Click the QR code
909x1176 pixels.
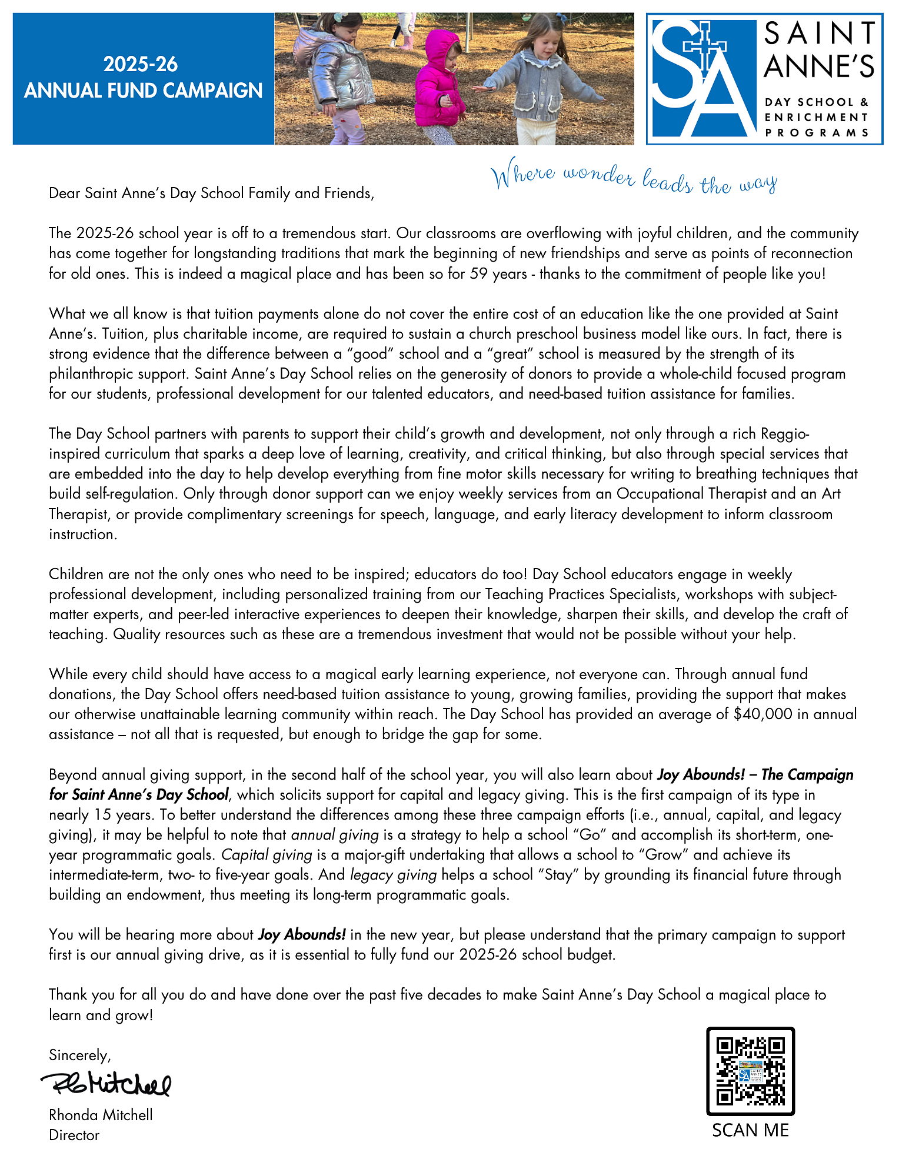point(750,1071)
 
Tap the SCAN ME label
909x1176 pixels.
point(750,1130)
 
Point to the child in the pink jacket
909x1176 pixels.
point(438,82)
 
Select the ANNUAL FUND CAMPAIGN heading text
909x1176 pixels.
point(143,91)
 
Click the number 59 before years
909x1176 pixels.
point(477,273)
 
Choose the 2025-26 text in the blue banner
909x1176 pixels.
point(141,64)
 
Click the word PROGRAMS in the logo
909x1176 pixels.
point(817,132)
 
